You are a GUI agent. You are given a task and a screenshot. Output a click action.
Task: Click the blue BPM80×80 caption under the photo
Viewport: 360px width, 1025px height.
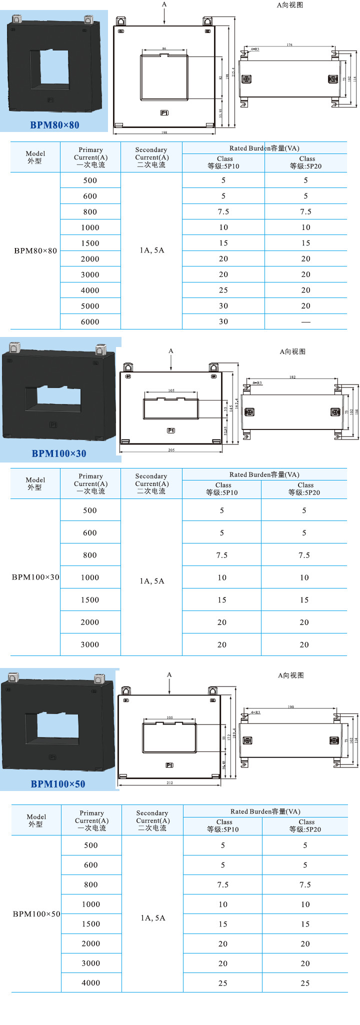coord(54,125)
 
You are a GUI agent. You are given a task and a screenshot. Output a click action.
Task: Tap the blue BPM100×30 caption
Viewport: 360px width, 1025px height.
coord(59,453)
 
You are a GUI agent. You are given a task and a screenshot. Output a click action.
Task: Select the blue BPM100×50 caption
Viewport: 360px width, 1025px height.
coord(58,784)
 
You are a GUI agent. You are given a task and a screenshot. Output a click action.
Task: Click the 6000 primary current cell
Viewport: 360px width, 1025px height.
coord(90,321)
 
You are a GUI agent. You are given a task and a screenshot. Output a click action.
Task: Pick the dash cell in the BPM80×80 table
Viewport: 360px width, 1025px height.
coord(305,321)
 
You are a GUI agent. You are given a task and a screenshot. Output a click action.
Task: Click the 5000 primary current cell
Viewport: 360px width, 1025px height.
coord(90,306)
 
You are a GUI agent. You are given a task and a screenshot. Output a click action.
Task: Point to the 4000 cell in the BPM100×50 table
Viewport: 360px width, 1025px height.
coord(91,982)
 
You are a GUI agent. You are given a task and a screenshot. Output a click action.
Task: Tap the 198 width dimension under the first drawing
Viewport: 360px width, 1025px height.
coord(164,132)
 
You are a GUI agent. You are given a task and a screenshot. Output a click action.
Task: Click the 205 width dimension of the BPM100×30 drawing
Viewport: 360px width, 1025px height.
coord(171,450)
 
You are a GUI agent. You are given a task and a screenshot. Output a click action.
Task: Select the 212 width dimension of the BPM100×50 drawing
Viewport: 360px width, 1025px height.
coord(169,782)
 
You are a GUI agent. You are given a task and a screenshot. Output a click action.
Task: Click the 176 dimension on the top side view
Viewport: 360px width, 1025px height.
coord(289,45)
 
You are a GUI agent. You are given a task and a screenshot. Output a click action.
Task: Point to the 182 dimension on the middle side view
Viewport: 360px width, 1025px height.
coord(292,377)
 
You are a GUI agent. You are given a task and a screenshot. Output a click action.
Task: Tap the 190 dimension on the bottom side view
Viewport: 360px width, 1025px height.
coord(290,706)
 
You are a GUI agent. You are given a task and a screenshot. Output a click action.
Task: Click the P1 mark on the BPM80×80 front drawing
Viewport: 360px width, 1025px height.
coord(164,113)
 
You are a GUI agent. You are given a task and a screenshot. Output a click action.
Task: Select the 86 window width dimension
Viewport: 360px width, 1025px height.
coord(164,49)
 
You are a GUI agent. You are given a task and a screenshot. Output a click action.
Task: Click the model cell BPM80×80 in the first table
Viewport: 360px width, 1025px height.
coord(35,250)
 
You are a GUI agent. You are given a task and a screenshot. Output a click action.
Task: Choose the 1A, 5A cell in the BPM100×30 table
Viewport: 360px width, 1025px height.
coord(152,581)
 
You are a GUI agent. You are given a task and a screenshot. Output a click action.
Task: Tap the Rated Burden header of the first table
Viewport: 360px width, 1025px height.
coord(264,148)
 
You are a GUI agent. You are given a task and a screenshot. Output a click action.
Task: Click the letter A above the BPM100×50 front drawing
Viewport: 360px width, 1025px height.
coord(169,674)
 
